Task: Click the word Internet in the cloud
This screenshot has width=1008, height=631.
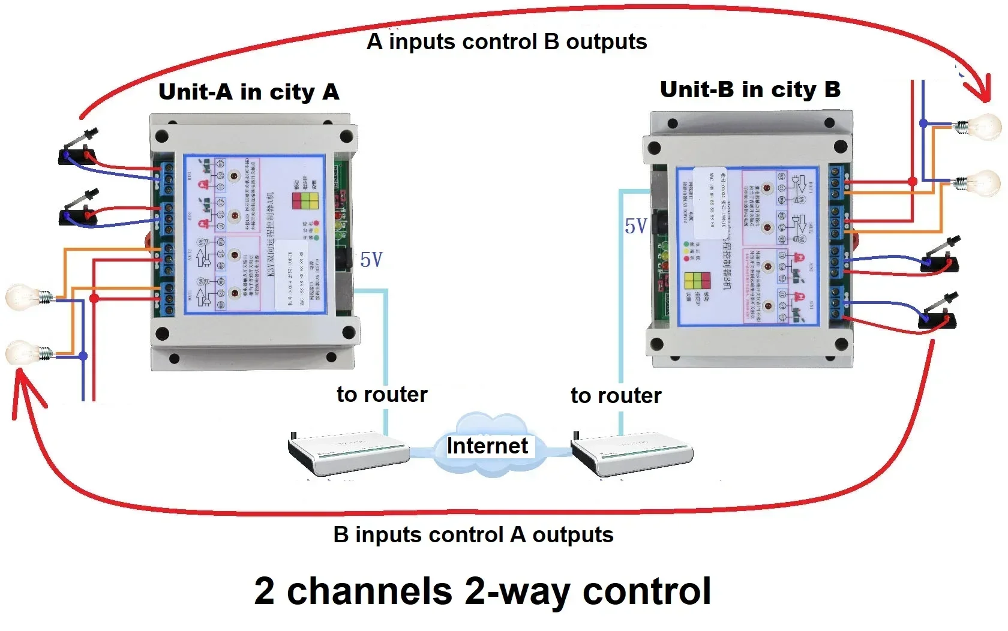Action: (487, 446)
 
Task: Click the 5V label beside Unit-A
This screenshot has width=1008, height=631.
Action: (371, 260)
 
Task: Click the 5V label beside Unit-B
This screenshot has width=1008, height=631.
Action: (635, 226)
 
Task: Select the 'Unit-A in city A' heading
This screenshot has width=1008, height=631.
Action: (248, 92)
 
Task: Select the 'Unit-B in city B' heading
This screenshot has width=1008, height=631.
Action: (750, 89)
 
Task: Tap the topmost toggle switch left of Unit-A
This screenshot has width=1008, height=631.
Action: (78, 150)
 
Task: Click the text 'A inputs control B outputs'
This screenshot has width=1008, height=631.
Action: (507, 42)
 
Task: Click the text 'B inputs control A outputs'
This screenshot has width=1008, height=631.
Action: (473, 534)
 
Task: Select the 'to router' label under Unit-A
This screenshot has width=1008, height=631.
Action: (382, 394)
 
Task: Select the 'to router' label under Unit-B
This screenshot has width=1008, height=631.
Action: (616, 395)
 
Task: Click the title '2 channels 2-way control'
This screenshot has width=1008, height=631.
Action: (483, 591)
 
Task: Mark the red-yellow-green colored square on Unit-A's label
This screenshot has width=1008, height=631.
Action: (305, 200)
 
